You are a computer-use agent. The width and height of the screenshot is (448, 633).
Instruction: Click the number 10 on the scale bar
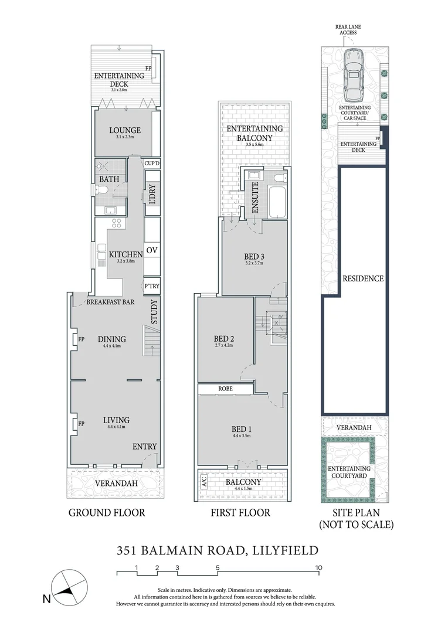(x=318, y=567)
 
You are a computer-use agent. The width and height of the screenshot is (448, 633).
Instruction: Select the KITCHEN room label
(x=125, y=255)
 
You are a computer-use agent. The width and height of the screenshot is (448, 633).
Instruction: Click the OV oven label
(x=152, y=251)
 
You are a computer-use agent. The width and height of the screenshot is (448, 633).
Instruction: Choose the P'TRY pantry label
(x=152, y=286)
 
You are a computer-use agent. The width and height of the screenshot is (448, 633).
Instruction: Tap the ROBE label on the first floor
(x=226, y=389)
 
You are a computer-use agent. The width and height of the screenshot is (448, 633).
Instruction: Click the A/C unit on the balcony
(x=204, y=482)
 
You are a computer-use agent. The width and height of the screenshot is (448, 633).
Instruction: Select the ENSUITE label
(x=255, y=198)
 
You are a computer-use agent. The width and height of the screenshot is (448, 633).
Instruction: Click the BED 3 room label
(x=253, y=256)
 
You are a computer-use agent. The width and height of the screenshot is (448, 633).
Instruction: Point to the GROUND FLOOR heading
(x=107, y=513)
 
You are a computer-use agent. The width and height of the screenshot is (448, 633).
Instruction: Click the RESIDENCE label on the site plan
(x=363, y=278)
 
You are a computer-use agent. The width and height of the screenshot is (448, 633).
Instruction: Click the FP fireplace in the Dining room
(x=76, y=339)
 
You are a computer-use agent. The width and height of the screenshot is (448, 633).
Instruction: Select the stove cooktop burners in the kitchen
(x=116, y=223)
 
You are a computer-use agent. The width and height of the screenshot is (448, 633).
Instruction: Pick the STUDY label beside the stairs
(x=154, y=312)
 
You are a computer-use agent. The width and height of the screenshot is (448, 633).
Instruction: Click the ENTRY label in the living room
(x=144, y=447)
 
